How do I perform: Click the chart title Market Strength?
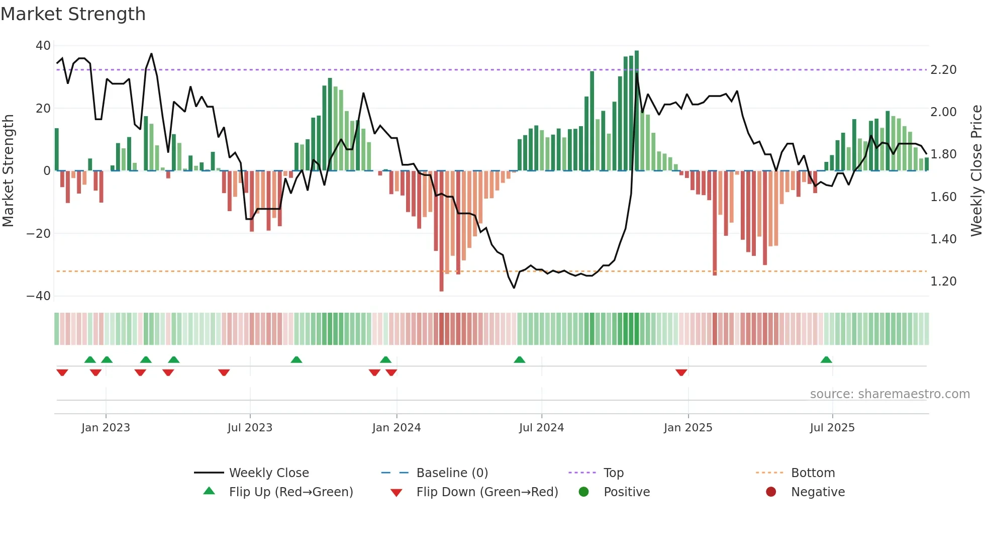73,14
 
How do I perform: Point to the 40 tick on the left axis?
43,46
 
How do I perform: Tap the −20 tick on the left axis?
39,234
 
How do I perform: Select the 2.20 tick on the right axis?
943,70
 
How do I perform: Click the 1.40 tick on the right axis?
943,239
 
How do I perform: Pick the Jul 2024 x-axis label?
541,428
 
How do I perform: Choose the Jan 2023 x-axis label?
106,428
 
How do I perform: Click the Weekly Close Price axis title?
976,171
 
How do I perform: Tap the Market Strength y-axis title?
9,171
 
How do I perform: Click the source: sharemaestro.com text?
890,394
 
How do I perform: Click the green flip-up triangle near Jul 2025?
826,360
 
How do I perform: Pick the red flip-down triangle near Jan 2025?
681,373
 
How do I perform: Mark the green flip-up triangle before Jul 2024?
520,360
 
